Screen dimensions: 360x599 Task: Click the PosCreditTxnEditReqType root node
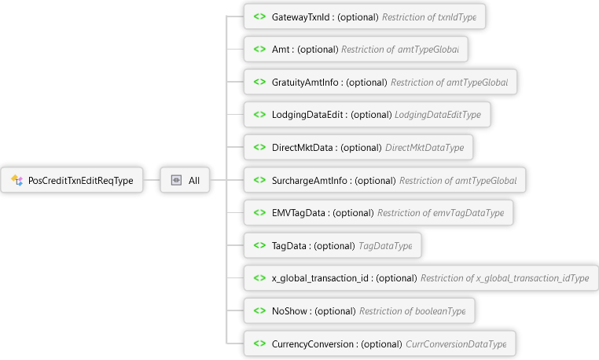80,181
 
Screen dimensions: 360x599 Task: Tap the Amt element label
283,50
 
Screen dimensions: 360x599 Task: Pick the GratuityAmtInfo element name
306,82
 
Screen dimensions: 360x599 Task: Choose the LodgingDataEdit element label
308,115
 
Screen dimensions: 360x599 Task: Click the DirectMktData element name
303,147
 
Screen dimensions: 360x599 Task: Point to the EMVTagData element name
299,213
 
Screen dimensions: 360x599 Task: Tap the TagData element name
291,246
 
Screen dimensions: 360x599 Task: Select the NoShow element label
290,311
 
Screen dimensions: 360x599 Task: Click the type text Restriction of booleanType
412,311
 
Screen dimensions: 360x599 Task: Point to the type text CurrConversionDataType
456,344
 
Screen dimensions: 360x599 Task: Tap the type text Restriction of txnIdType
429,17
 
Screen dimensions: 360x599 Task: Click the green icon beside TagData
259,246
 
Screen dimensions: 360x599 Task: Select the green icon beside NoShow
259,311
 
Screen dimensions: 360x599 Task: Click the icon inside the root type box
17,181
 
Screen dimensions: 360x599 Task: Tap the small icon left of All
176,181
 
